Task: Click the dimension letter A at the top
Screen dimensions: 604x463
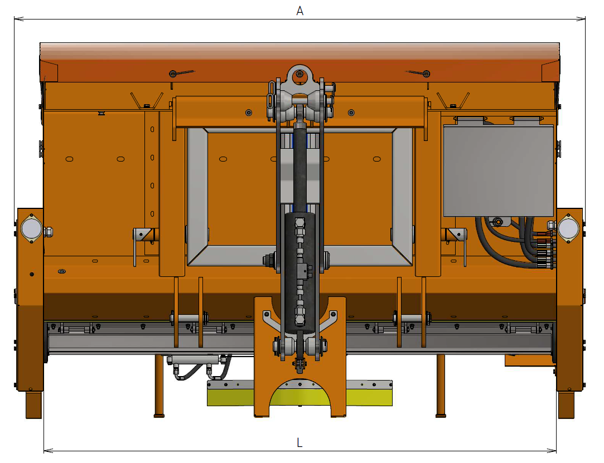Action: coord(299,11)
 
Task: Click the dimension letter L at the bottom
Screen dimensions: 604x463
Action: coord(299,442)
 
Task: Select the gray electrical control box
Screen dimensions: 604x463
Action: coord(499,170)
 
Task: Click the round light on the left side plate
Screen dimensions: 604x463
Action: coord(31,228)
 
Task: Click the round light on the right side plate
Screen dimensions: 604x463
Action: coord(568,228)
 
